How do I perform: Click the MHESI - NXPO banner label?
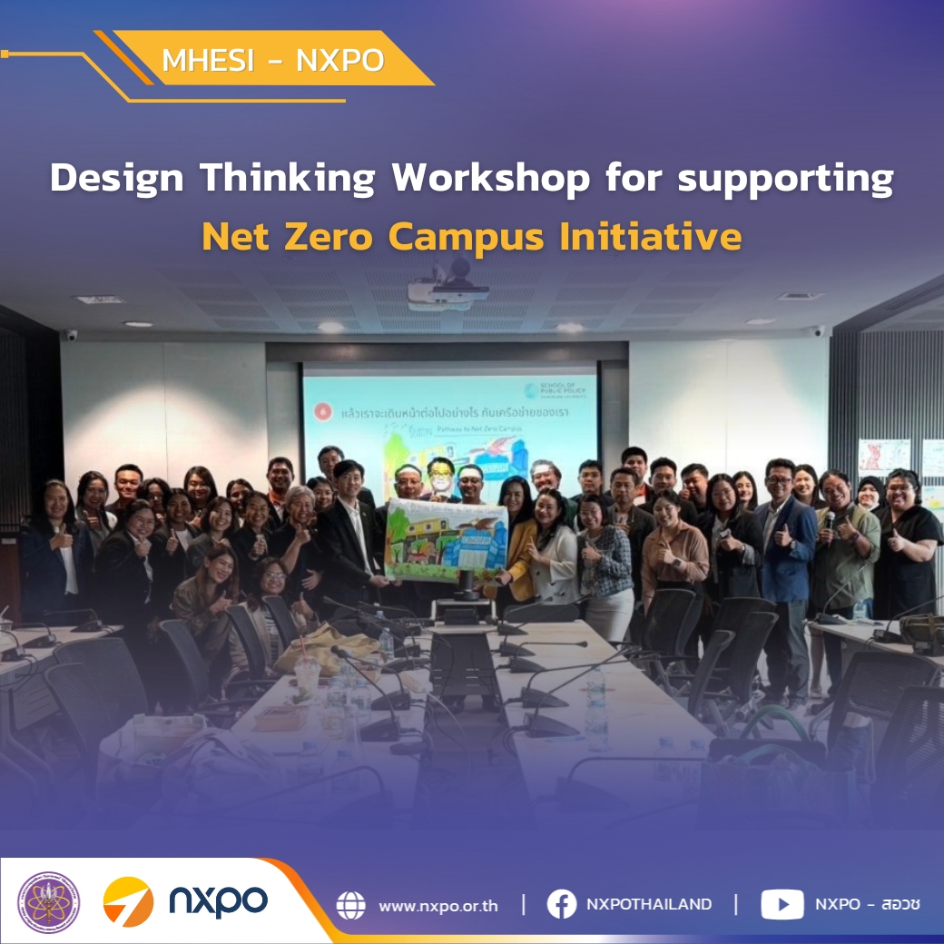tap(272, 60)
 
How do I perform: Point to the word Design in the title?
tap(118, 179)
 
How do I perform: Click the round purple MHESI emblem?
tap(49, 903)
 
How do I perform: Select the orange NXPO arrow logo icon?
tap(128, 902)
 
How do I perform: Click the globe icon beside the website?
tap(350, 905)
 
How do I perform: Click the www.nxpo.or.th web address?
tap(438, 905)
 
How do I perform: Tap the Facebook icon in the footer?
tap(562, 904)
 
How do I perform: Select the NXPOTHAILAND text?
tap(649, 904)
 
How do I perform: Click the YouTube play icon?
tap(782, 904)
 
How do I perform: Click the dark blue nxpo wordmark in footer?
tap(218, 902)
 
